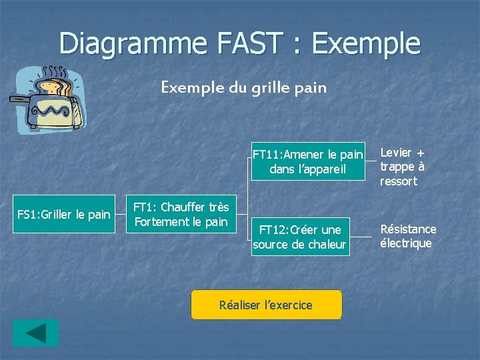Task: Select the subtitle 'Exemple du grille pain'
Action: point(243,87)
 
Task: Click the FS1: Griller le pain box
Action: point(63,215)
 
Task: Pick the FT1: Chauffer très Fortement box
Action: point(181,214)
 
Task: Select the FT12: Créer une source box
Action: point(299,237)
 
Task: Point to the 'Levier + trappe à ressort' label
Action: point(402,167)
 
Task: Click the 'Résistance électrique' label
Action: point(407,236)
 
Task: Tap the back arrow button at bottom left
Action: point(35,333)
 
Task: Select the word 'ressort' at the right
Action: point(398,181)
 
